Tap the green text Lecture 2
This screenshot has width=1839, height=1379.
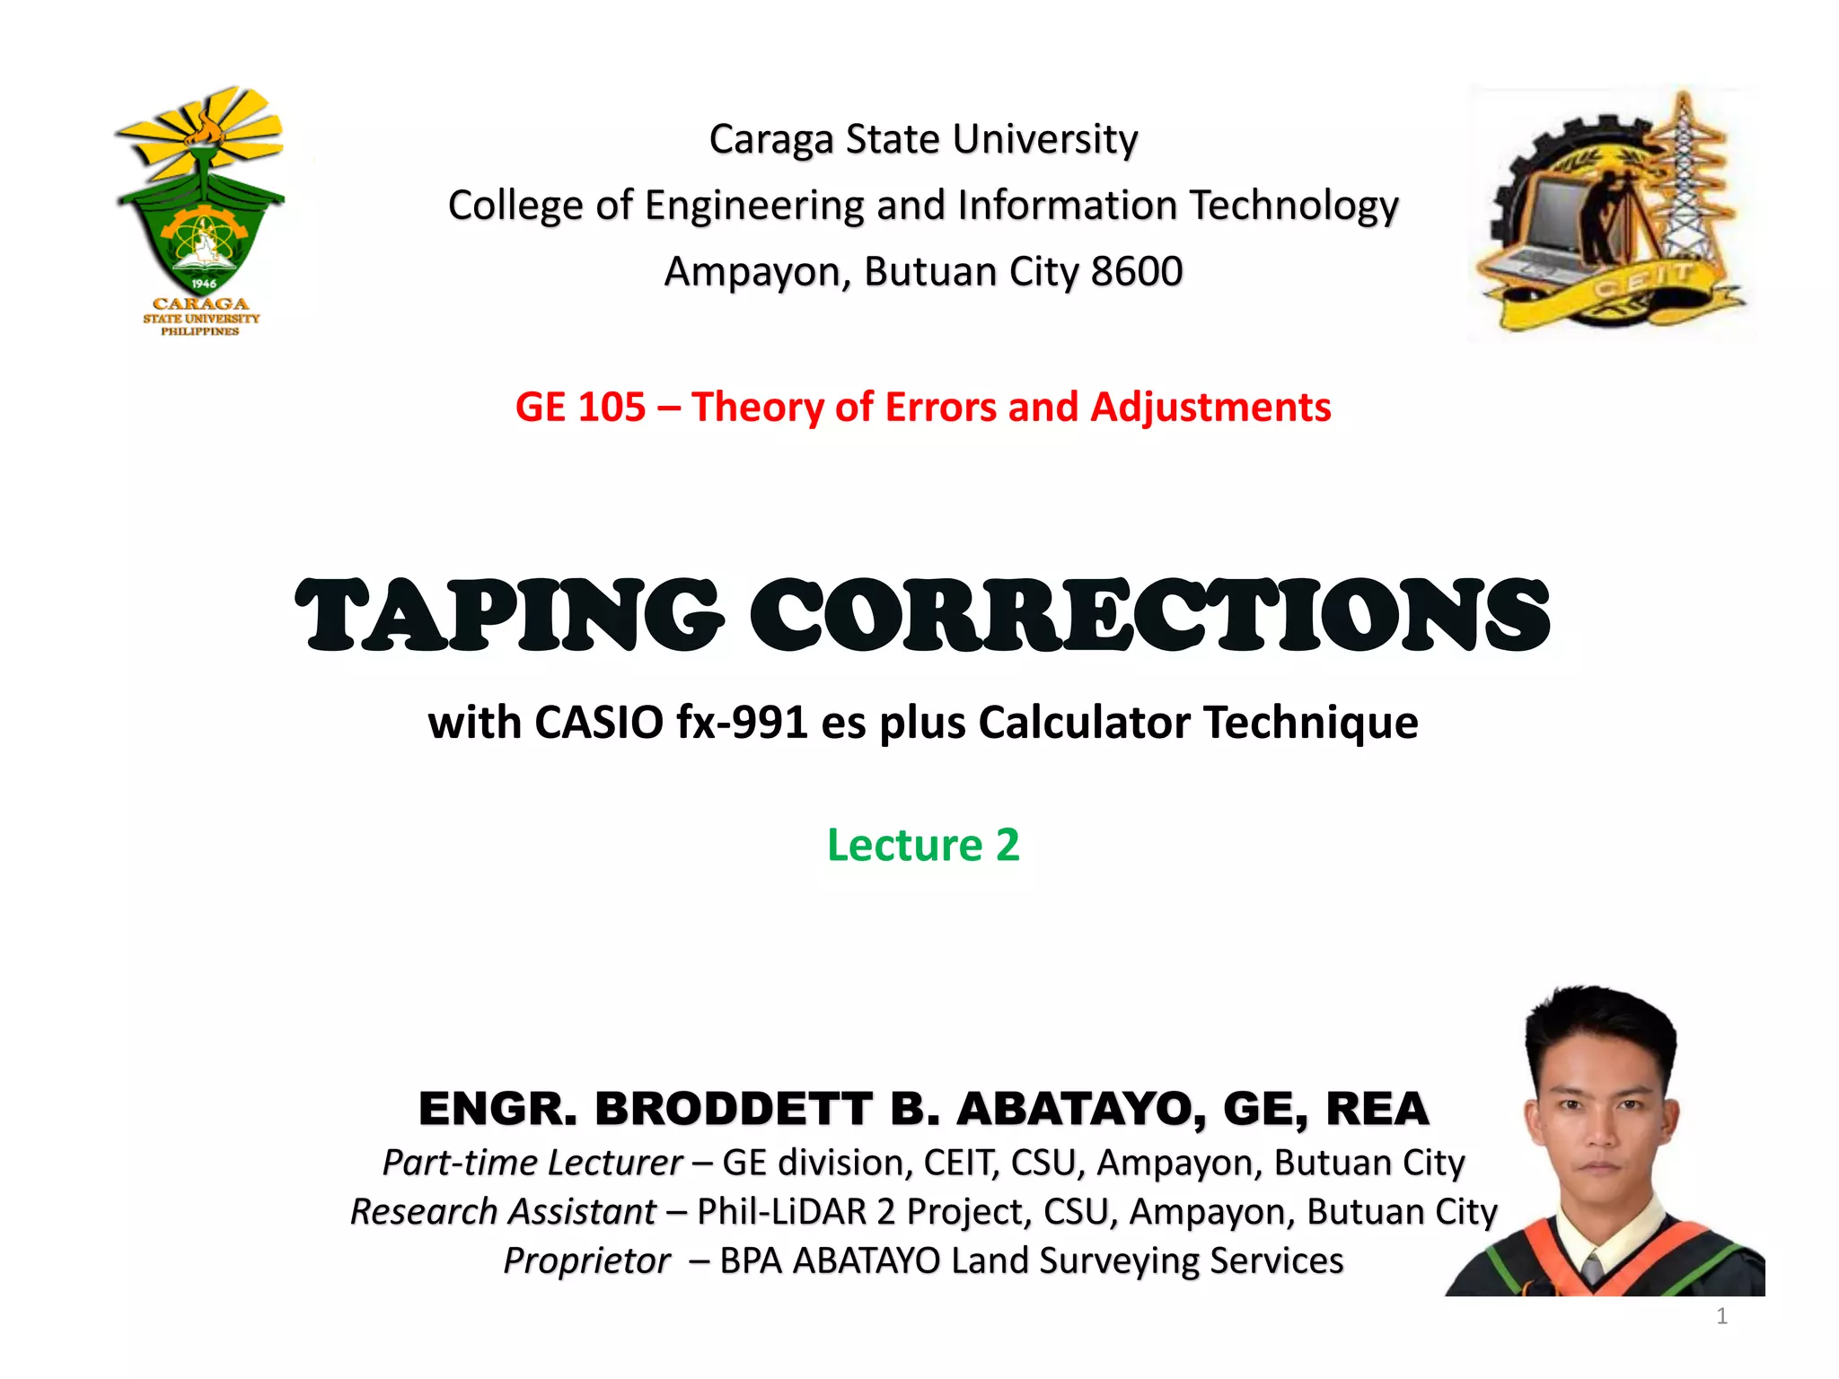(x=923, y=845)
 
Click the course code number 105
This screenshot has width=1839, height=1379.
(x=611, y=408)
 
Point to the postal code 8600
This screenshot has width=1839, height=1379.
(x=1136, y=271)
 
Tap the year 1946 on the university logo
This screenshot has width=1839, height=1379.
(x=204, y=283)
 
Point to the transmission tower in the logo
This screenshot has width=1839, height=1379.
(x=1688, y=180)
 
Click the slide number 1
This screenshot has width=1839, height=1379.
(x=1721, y=1316)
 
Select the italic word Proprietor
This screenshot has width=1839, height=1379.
(x=586, y=1260)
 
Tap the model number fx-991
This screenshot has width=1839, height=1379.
(x=742, y=722)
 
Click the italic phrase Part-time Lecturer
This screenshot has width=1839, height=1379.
(x=532, y=1163)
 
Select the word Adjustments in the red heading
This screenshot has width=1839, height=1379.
(x=1210, y=408)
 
